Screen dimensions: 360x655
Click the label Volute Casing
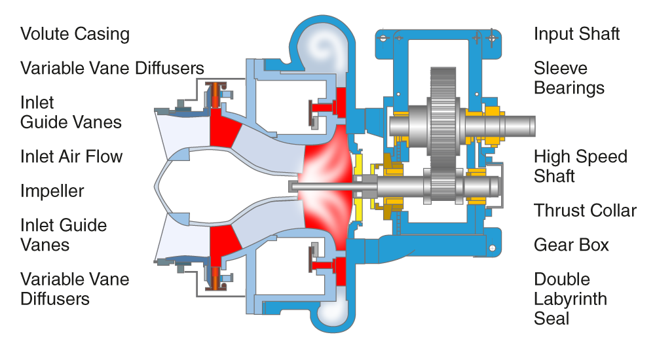[x=75, y=34]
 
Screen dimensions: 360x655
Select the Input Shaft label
[x=576, y=34]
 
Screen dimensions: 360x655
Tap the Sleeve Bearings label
[x=569, y=78]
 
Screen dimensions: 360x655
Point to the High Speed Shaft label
[x=580, y=166]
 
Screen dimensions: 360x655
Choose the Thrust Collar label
[x=585, y=211]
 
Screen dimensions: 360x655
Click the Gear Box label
[x=571, y=245]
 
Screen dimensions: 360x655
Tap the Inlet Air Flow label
[x=71, y=156]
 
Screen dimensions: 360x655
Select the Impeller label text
[x=52, y=191]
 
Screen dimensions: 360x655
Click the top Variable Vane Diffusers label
[x=112, y=68]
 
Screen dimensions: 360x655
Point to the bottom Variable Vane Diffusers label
[x=75, y=289]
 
